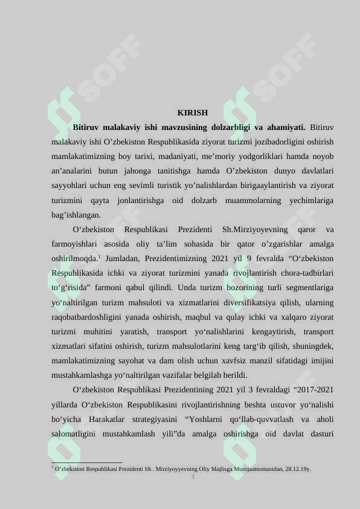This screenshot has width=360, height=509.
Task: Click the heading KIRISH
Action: click(x=193, y=112)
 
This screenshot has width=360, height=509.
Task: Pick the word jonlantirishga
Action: click(x=140, y=200)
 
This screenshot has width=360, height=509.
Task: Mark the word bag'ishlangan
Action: click(x=76, y=215)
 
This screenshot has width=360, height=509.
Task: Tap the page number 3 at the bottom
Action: click(x=193, y=477)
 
